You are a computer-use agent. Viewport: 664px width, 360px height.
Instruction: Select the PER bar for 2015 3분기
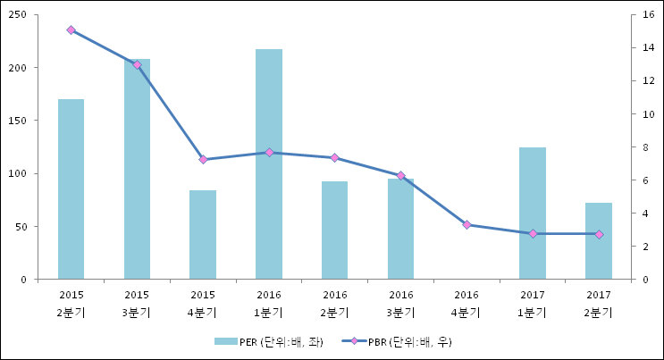point(137,170)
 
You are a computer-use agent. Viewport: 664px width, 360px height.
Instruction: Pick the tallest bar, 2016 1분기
point(269,164)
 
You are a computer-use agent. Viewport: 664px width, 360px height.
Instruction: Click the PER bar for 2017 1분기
point(533,213)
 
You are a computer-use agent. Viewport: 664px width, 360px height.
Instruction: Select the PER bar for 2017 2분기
point(599,241)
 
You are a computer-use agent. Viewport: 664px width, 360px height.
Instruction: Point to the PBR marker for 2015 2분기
point(71,30)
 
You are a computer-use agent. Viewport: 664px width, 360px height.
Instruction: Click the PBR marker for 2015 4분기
point(203,160)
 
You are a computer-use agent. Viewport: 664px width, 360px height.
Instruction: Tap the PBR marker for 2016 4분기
point(466,225)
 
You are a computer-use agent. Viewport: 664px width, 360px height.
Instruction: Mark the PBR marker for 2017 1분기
point(533,234)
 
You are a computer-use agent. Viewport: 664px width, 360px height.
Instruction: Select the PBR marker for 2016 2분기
point(335,157)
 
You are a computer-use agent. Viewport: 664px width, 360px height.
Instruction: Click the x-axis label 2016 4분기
point(466,304)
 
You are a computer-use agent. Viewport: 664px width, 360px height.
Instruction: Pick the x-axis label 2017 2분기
point(599,304)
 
